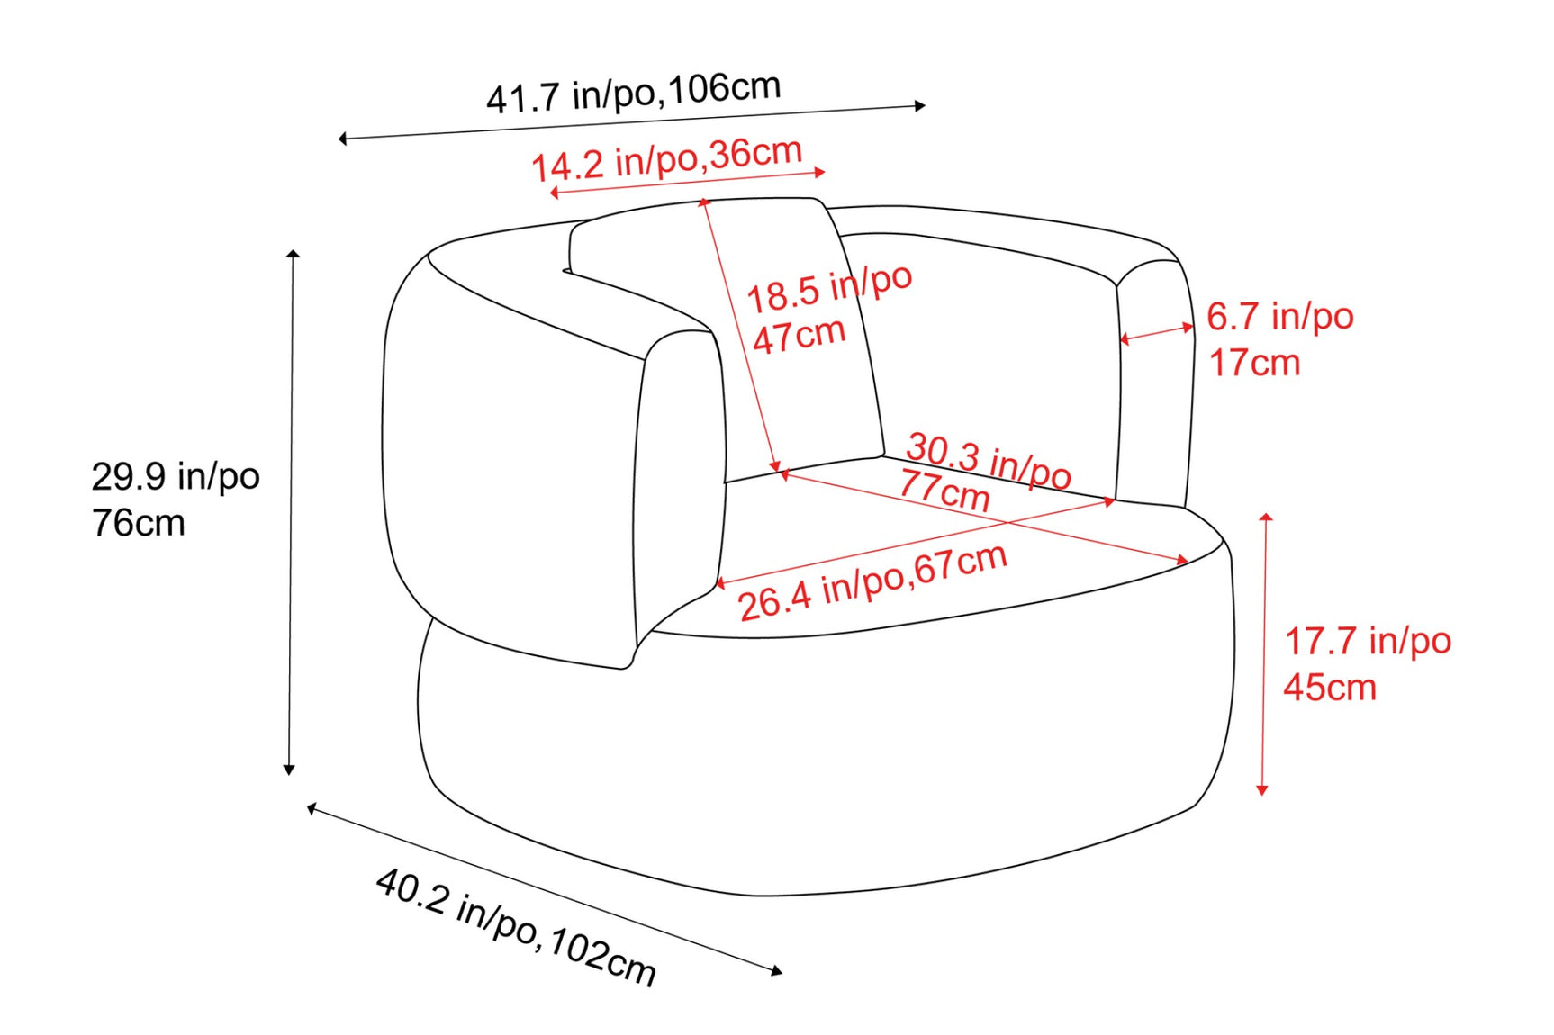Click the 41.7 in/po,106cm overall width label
pyautogui.click(x=634, y=93)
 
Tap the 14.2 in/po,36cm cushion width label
pyautogui.click(x=667, y=159)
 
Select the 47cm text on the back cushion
pyautogui.click(x=800, y=336)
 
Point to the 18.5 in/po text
pyautogui.click(x=829, y=287)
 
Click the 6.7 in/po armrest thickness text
pyautogui.click(x=1280, y=316)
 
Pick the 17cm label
pyautogui.click(x=1254, y=363)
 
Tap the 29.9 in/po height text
pyautogui.click(x=176, y=476)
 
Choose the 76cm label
pyautogui.click(x=139, y=523)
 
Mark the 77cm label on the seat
pyautogui.click(x=944, y=490)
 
